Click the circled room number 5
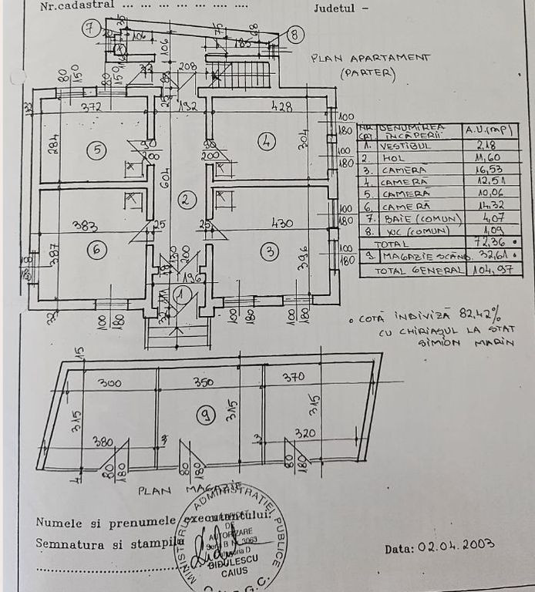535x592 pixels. click(96, 150)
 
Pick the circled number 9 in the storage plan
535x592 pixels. click(205, 415)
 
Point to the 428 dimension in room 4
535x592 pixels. click(282, 107)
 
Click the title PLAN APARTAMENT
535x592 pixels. click(370, 58)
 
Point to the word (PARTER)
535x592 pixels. click(367, 75)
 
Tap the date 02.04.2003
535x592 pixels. click(456, 546)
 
